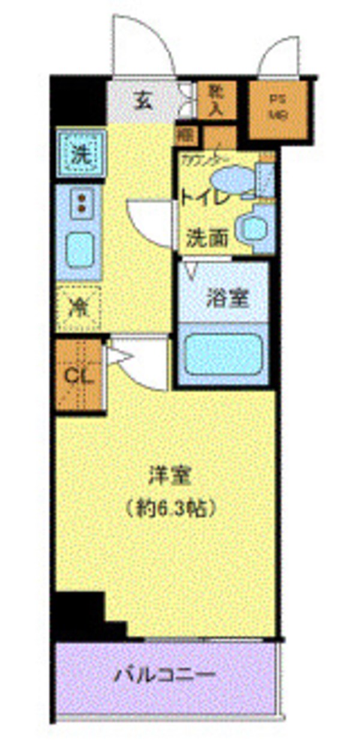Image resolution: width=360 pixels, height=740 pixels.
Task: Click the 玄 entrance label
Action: pos(143,101)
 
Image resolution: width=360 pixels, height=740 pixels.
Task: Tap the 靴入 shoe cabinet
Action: pos(215,99)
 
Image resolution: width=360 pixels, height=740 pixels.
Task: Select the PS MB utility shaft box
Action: pos(277,109)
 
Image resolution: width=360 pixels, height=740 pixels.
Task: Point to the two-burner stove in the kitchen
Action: pos(80,202)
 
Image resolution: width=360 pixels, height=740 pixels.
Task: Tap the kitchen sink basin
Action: pos(79,250)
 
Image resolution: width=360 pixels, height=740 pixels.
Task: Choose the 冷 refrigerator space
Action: pos(79,308)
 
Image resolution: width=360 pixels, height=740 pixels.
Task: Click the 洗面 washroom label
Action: pos(206,239)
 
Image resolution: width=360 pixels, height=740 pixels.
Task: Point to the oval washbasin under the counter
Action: pos(233,178)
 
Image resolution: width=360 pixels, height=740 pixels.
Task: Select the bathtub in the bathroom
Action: pos(223,353)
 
